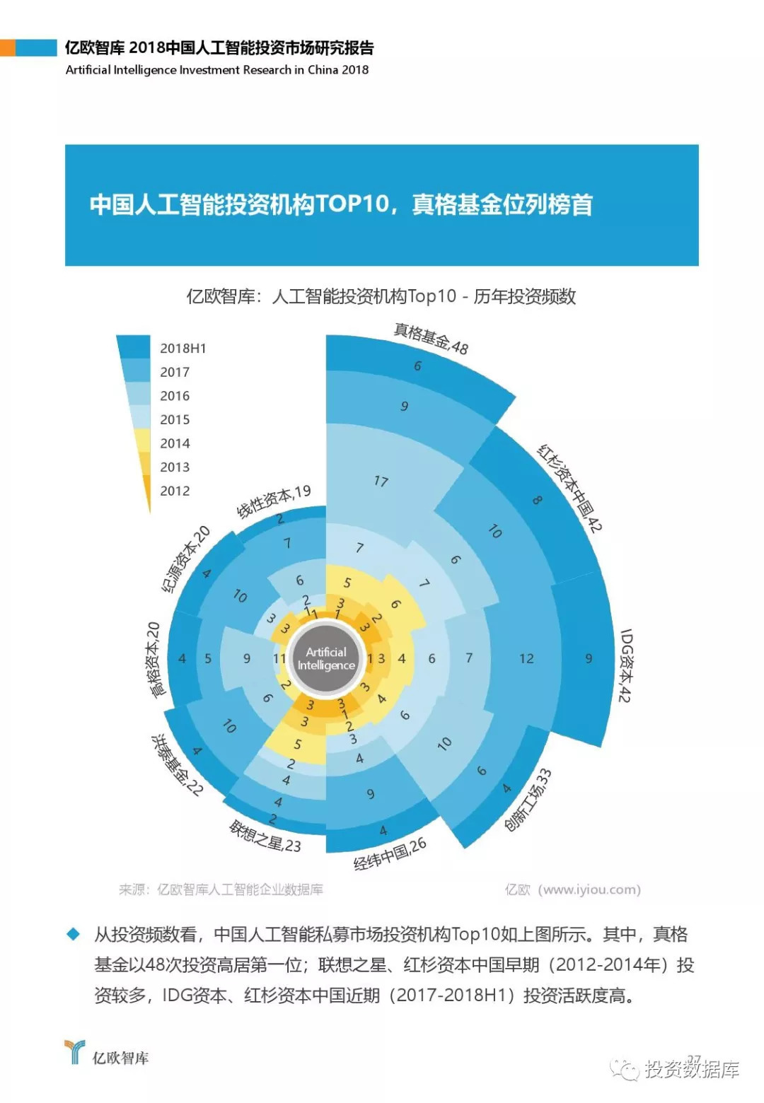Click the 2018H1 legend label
183,348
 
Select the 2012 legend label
175,491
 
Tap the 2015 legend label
175,419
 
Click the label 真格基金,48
431,339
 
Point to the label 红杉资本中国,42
570,488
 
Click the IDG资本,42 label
625,665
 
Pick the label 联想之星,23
265,836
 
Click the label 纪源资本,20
185,559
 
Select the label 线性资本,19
273,501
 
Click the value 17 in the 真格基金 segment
381,482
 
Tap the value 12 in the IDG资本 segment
526,658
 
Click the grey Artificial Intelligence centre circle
326,658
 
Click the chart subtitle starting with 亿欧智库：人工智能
381,296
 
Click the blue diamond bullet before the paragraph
73,934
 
